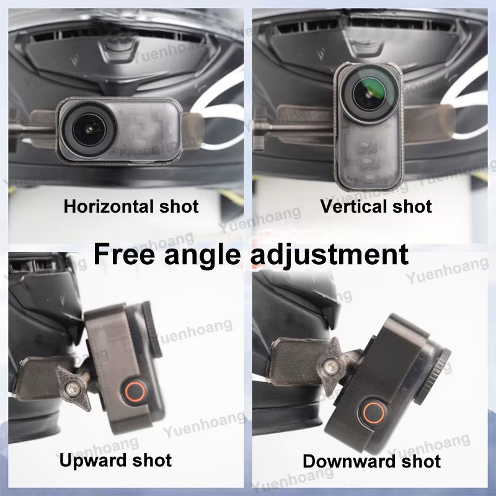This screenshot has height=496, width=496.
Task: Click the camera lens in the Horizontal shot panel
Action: (89, 130)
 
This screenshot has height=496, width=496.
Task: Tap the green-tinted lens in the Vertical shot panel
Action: (369, 94)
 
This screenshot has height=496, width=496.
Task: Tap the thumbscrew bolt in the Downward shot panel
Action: (331, 367)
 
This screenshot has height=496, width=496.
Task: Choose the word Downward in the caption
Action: (349, 461)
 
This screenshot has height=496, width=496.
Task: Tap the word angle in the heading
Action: (202, 256)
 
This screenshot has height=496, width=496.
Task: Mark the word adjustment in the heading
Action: (330, 255)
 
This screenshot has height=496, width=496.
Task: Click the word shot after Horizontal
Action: (179, 206)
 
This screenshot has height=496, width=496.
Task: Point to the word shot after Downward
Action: (421, 461)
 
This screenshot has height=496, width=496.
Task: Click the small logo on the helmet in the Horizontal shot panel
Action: (74, 59)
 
